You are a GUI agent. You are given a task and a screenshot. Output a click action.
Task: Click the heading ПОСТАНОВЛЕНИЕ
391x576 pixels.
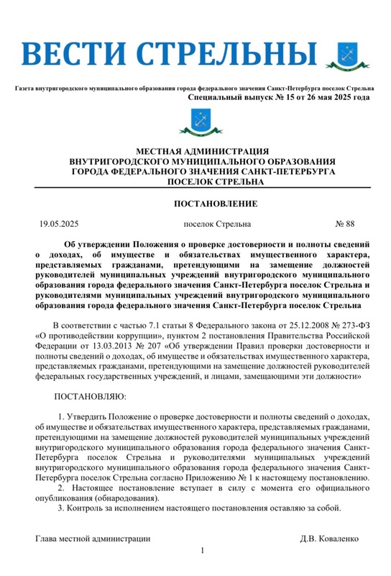tap(216, 204)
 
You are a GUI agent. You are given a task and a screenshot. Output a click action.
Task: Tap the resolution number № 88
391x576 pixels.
tap(346, 224)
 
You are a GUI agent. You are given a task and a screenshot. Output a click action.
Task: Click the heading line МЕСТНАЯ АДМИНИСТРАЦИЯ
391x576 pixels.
tap(195, 152)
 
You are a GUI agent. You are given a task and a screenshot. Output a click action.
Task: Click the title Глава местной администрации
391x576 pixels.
tap(93, 539)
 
